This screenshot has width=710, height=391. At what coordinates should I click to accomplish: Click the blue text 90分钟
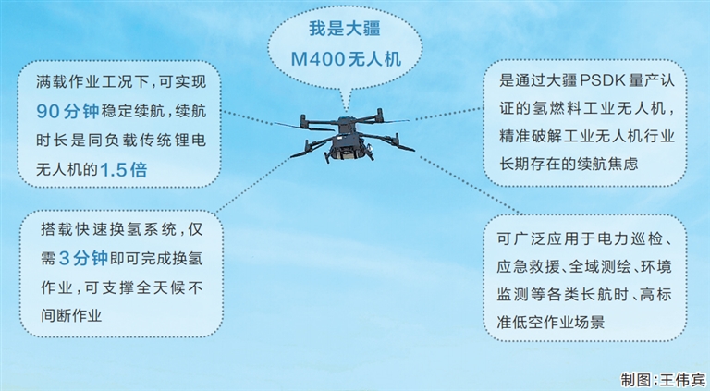pyautogui.click(x=67, y=111)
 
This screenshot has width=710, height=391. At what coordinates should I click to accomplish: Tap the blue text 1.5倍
pyautogui.click(x=124, y=170)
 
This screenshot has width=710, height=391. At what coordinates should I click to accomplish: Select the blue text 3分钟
pyautogui.click(x=84, y=259)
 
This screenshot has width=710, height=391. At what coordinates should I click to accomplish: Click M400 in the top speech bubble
pyautogui.click(x=317, y=59)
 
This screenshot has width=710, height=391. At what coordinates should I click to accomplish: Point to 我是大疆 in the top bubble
pyautogui.click(x=345, y=29)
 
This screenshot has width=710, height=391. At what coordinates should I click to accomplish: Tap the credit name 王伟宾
pyautogui.click(x=684, y=379)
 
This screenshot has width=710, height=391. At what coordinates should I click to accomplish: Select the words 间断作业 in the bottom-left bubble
pyautogui.click(x=71, y=315)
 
